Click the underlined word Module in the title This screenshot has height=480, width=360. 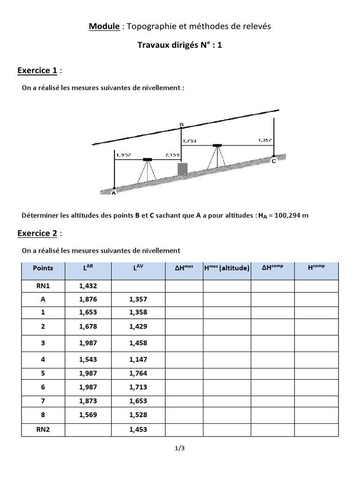pos(104,27)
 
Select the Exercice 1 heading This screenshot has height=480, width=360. pos(37,71)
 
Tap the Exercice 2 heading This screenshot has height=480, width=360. pos(37,233)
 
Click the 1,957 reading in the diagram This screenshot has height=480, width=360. pos(123,155)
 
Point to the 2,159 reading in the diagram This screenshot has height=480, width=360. pos(172,155)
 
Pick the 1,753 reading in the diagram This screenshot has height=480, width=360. pos(190,140)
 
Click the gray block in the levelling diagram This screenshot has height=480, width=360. pos(182,169)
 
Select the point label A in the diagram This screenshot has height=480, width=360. pos(113,192)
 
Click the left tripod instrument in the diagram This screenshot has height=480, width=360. pos(147,170)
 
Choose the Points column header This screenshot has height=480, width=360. pos(43,269)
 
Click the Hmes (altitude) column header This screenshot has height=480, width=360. pos(226,269)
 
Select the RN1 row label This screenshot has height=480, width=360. pos(43,286)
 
